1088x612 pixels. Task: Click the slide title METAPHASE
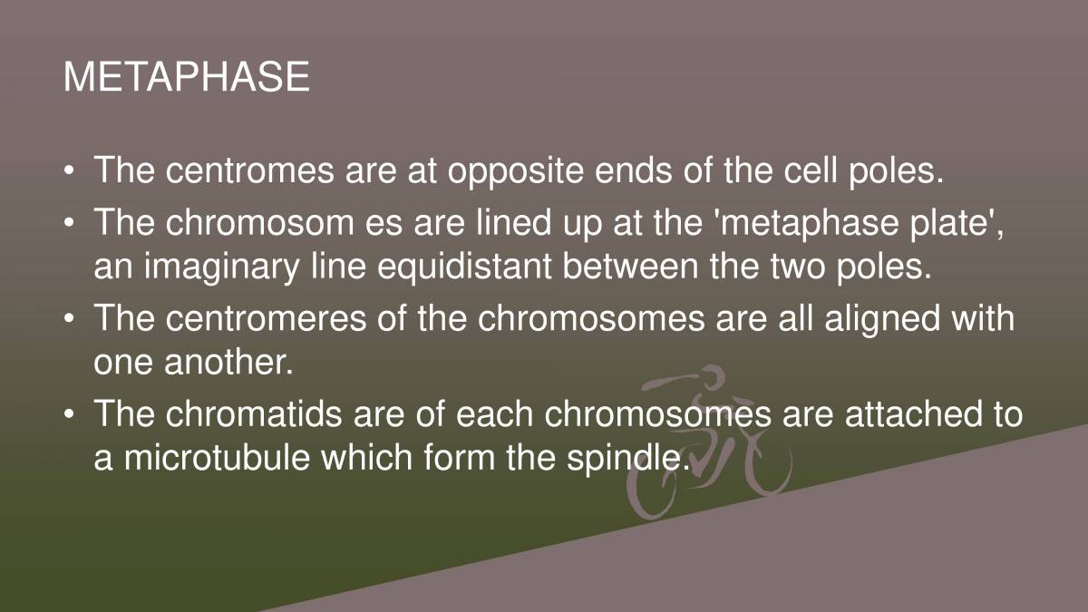[187, 77]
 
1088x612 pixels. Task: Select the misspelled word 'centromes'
[249, 170]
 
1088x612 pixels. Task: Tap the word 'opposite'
[515, 172]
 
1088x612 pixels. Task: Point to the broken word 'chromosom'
[259, 221]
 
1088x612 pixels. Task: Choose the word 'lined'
[513, 221]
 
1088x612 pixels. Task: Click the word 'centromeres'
[266, 318]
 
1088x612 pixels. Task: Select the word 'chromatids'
[254, 413]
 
